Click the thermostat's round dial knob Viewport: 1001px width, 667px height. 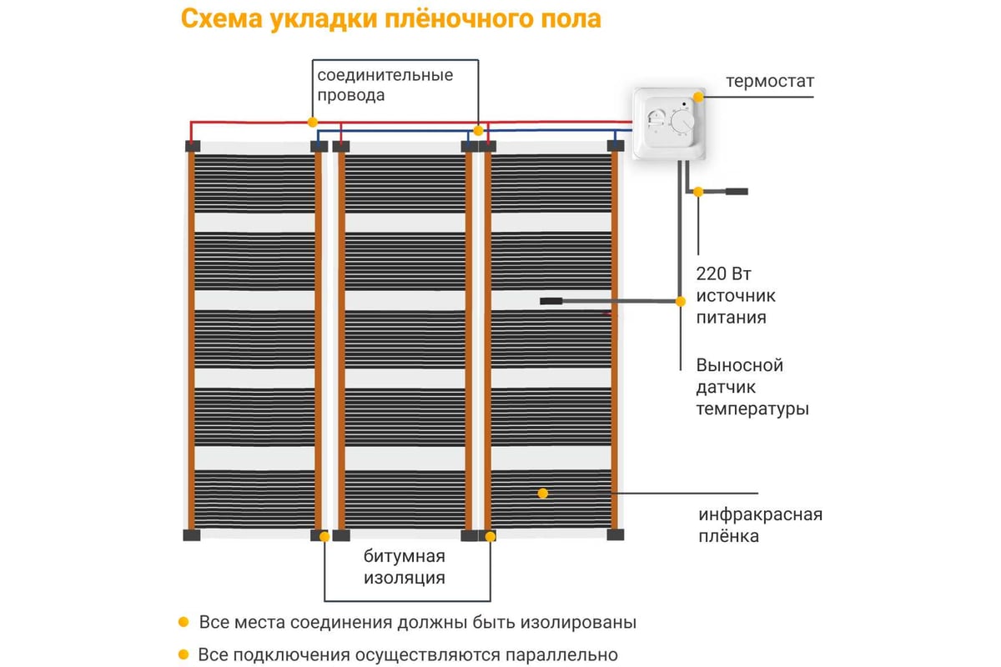(682, 123)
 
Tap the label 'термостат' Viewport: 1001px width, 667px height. (769, 81)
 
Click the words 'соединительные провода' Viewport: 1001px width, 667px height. (385, 85)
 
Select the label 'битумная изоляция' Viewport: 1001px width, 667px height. (404, 567)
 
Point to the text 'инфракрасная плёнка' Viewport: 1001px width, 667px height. (760, 524)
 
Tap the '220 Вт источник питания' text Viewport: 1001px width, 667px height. (736, 295)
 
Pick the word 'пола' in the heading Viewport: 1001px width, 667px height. (571, 19)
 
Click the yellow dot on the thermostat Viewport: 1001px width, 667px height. (697, 97)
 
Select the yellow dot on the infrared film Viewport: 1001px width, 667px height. (542, 493)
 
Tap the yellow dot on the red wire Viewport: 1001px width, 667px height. (312, 122)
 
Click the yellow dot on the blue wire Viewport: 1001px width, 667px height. (478, 131)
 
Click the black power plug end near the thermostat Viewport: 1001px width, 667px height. (737, 192)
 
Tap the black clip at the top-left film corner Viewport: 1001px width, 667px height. (192, 146)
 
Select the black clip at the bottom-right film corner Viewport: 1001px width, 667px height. (616, 535)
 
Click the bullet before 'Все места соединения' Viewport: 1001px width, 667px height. (183, 623)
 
